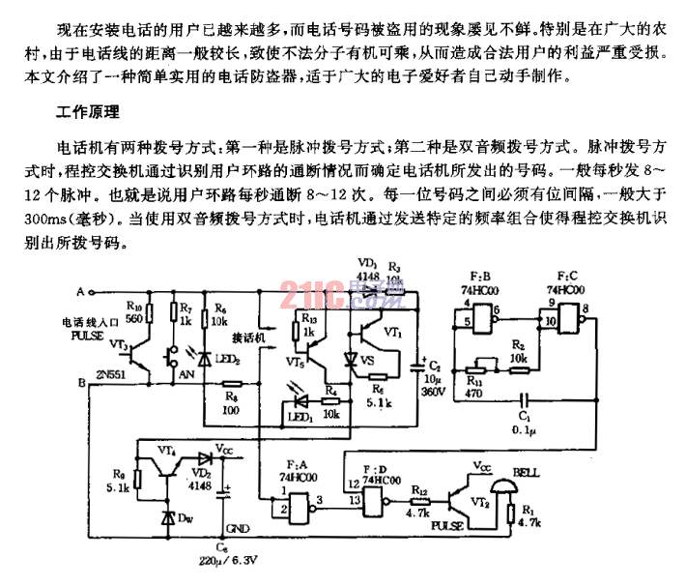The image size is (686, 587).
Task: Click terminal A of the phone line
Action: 94,291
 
